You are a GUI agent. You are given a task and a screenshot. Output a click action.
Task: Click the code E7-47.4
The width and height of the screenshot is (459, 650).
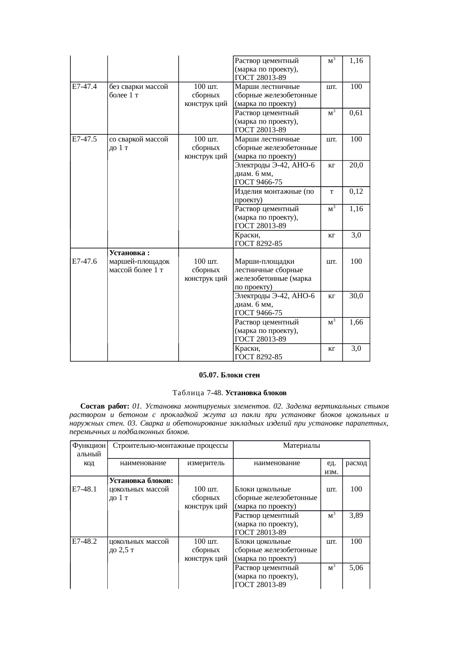point(84,87)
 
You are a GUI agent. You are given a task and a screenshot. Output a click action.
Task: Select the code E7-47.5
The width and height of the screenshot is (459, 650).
point(84,139)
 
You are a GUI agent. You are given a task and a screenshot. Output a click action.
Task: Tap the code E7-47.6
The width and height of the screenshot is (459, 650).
point(84,261)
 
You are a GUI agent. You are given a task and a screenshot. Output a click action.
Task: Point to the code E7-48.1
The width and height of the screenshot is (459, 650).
point(84,489)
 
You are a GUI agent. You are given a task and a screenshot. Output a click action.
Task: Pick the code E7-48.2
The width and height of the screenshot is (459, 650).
point(84,541)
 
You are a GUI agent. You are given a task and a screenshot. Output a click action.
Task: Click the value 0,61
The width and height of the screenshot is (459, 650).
point(356,113)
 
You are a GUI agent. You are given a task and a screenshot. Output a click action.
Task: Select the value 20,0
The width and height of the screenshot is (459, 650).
point(356,165)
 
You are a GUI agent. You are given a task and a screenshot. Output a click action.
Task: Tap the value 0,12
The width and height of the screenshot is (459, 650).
point(356,191)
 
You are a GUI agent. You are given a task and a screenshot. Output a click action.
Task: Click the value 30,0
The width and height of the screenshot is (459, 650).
point(356,296)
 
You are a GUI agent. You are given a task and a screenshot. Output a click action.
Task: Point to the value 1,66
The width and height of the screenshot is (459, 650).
point(356,322)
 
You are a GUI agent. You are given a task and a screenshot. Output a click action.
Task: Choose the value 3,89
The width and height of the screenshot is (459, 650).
point(356,515)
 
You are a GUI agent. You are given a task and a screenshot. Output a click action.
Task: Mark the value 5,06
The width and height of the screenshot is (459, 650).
point(356,567)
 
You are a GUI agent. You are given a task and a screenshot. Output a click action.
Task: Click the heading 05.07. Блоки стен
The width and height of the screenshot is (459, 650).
point(229,375)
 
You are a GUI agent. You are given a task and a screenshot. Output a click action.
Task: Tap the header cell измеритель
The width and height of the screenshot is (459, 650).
point(206,463)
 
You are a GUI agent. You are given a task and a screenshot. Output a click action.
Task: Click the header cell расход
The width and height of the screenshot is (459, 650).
point(356,463)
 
